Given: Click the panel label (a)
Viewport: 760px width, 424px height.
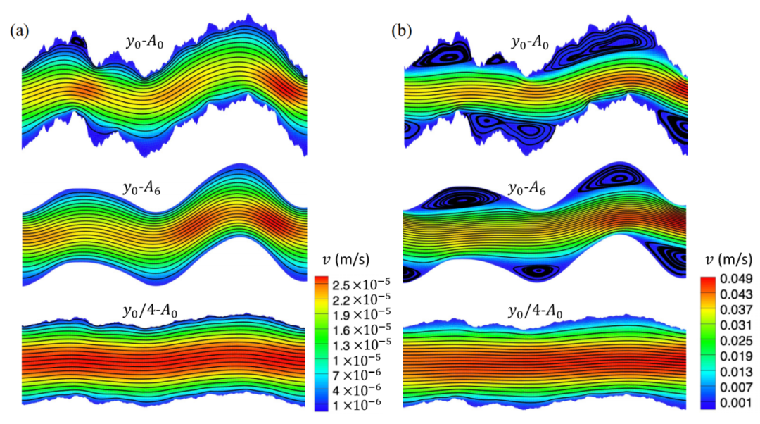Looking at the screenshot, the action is tap(20, 32).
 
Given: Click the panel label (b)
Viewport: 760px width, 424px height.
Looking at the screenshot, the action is tap(402, 32).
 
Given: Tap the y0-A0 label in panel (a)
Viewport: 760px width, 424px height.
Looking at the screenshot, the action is tap(144, 43).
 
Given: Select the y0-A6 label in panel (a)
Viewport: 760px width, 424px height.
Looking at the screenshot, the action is tap(141, 188).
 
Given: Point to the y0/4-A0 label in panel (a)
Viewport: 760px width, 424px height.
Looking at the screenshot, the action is tap(150, 311).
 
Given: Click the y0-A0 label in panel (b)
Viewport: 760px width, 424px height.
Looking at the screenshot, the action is tap(530, 43).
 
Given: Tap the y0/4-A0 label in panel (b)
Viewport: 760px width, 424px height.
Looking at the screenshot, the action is tap(535, 311).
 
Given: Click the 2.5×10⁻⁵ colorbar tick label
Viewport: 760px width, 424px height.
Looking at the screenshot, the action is tap(361, 283).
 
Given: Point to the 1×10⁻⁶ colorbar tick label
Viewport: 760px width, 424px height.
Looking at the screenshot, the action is tap(356, 403).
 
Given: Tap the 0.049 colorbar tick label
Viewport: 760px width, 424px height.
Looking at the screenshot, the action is tap(736, 279).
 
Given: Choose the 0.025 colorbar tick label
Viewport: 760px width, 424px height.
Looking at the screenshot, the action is tap(736, 341).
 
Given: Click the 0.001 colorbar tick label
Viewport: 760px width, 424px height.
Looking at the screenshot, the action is tap(736, 403).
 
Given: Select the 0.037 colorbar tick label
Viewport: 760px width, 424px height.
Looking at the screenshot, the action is tap(736, 310).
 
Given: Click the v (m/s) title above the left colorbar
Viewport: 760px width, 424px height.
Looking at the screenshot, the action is tap(346, 260).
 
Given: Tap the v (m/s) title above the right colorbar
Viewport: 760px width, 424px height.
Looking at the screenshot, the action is tap(728, 260).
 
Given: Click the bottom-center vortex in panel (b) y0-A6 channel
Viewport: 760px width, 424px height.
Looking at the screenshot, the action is tap(537, 270).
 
